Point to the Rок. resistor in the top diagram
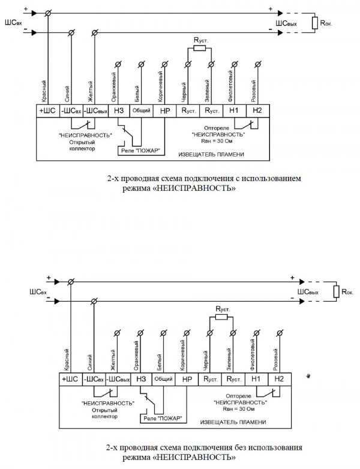click(315, 23)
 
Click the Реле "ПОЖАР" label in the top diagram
click(140, 149)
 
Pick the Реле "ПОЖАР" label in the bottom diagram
click(163, 418)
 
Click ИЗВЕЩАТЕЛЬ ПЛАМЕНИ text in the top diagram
click(209, 154)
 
